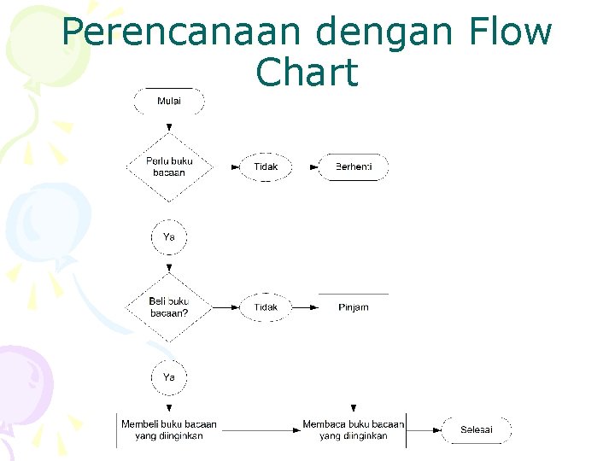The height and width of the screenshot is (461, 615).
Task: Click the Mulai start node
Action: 169,101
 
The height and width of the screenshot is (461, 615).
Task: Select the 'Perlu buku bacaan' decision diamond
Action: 169,166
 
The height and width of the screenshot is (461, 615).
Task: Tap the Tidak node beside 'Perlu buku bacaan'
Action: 266,166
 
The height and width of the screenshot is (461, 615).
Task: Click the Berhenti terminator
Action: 353,166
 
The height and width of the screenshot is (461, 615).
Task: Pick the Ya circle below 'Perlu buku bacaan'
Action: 169,237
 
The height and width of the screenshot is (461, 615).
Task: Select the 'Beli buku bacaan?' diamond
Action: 169,306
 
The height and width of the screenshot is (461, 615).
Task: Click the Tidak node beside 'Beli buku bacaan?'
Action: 266,306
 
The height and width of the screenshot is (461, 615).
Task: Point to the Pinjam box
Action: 353,306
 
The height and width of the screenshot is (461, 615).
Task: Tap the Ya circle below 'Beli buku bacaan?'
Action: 169,376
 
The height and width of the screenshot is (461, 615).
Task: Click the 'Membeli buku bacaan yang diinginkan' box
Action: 169,429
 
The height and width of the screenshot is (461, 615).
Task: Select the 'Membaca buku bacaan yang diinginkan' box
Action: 353,429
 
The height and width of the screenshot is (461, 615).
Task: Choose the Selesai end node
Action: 476,429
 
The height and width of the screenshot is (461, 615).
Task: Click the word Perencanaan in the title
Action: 180,32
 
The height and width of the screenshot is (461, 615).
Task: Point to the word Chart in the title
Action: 307,73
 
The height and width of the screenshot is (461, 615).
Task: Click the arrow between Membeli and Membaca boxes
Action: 261,429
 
